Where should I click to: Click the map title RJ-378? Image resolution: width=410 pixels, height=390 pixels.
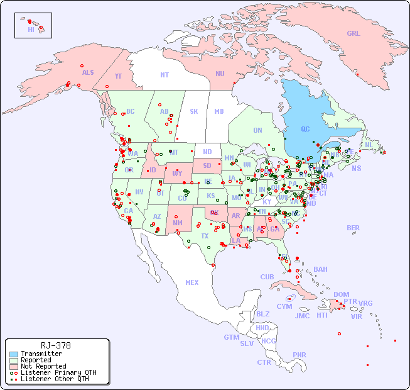(x=55, y=345)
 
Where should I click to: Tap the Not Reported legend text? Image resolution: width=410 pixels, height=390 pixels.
(x=43, y=366)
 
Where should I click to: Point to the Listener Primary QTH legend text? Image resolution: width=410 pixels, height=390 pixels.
(x=58, y=372)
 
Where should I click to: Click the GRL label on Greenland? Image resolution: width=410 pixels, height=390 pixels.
(x=353, y=33)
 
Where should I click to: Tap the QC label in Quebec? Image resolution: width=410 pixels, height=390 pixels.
(x=305, y=130)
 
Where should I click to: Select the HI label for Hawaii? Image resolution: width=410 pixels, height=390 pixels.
(x=31, y=30)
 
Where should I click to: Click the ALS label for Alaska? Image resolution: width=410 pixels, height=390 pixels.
(x=88, y=72)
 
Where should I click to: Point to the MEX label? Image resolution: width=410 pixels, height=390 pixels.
(x=192, y=282)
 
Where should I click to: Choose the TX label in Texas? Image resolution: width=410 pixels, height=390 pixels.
(x=205, y=236)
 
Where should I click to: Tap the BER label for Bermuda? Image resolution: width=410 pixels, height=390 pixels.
(x=353, y=228)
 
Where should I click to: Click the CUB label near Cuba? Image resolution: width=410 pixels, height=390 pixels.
(x=267, y=277)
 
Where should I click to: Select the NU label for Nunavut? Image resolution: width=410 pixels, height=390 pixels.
(x=220, y=74)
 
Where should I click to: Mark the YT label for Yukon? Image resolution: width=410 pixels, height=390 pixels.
(x=118, y=75)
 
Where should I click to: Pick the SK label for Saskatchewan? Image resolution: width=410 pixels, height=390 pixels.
(x=194, y=111)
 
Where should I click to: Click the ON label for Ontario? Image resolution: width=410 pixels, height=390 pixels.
(x=257, y=130)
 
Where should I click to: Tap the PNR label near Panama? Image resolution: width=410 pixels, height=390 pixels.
(x=299, y=355)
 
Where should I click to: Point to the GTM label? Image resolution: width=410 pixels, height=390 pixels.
(x=231, y=337)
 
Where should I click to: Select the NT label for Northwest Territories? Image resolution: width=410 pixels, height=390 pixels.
(x=164, y=74)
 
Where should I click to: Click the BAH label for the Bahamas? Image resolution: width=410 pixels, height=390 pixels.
(x=320, y=269)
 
